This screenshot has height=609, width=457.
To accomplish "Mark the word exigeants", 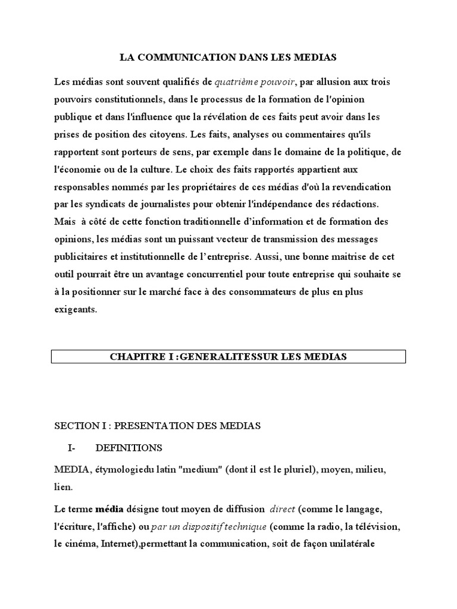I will click(75, 310).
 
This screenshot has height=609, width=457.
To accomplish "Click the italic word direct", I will click(283, 509).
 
